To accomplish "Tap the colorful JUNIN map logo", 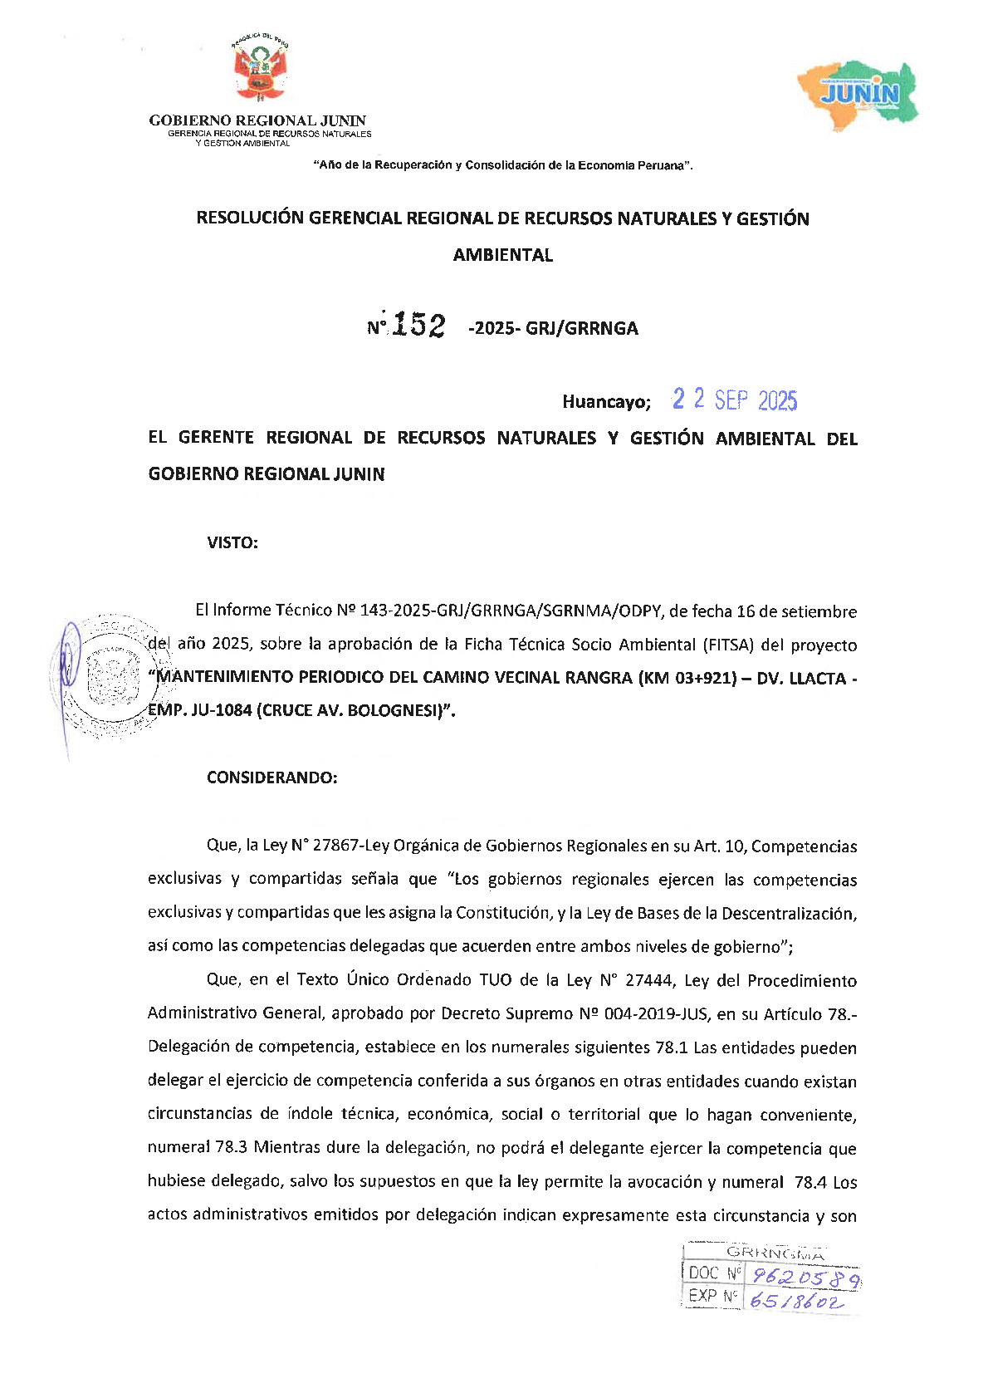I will (858, 91).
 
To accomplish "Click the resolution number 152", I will (418, 325).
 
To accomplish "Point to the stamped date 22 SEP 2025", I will (735, 400).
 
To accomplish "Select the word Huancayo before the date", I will (605, 402).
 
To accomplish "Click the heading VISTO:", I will (232, 543).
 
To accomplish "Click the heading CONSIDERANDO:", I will (272, 777).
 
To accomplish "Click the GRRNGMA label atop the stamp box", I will (775, 1253).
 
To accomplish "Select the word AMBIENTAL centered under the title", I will (503, 255).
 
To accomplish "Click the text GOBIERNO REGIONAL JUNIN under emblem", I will (257, 120).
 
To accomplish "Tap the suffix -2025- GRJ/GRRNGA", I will (554, 328).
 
